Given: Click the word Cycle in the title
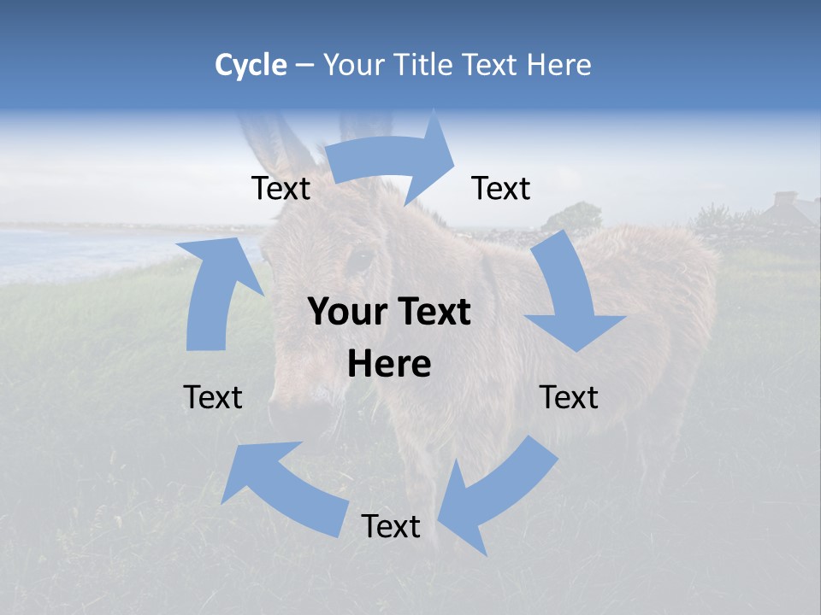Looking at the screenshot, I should (251, 65).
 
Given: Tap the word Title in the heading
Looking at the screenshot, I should (423, 65).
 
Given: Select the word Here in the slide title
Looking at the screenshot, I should (558, 65).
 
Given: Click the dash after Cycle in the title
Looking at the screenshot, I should (304, 66).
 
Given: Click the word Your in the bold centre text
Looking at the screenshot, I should (345, 313).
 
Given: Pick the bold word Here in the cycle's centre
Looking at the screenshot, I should (389, 365).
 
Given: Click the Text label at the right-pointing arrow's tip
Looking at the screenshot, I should (501, 188).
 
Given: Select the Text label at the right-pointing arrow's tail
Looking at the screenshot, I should (281, 188).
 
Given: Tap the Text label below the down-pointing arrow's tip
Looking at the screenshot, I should (569, 397).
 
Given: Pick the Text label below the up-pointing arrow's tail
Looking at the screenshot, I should (213, 397).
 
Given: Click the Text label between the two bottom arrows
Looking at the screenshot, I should (391, 526).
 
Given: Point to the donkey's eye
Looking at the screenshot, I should (359, 259).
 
